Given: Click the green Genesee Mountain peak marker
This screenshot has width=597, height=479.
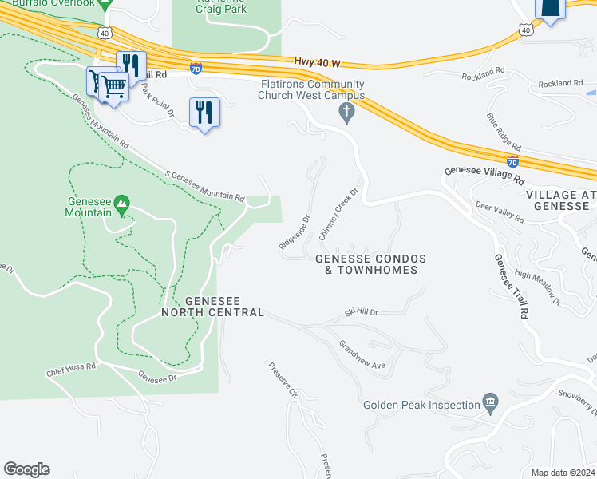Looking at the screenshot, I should click(121, 204).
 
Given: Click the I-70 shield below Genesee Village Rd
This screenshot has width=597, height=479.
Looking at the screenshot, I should click(512, 160).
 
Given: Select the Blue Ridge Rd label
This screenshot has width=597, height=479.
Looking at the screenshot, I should click(504, 133).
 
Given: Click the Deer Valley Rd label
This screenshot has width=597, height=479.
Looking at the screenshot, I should click(500, 211).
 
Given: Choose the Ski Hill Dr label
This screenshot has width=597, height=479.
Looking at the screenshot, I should click(361, 312).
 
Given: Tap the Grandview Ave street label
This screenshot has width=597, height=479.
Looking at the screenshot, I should click(362, 357).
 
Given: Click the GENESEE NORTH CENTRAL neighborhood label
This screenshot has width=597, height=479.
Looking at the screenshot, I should click(212, 307).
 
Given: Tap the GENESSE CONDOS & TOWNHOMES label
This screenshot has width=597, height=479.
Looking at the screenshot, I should click(370, 264).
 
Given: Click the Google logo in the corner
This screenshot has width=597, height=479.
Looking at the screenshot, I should click(26, 469).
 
